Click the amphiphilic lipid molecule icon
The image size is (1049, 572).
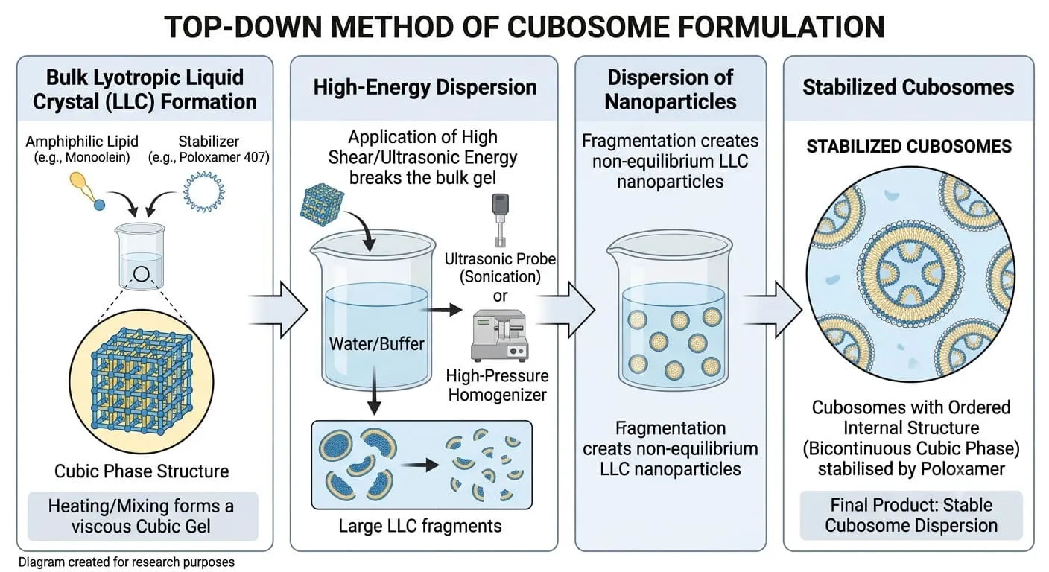[x=87, y=191]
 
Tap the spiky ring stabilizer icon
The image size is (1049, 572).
[x=203, y=191]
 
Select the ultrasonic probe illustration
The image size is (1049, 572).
[x=500, y=220]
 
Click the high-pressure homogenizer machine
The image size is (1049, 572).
[x=500, y=335]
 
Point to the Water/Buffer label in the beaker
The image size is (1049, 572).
[x=376, y=344]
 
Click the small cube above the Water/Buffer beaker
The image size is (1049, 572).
[x=322, y=205]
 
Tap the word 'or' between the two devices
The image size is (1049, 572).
[x=500, y=296]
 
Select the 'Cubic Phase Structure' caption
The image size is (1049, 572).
[x=142, y=471]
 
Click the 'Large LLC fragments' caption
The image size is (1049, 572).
[x=420, y=526]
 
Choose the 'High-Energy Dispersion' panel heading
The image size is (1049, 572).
[x=425, y=88]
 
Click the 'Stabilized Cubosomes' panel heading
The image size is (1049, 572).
[x=908, y=88]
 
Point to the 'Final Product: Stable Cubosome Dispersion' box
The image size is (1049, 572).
[x=911, y=515]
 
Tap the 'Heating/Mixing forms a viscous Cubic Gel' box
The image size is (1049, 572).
[x=142, y=516]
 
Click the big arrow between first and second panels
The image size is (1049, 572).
[x=278, y=310]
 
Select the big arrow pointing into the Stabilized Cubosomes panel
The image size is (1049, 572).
[x=773, y=310]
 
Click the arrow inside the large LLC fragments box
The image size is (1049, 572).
[x=420, y=465]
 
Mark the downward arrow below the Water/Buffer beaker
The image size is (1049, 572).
[x=374, y=391]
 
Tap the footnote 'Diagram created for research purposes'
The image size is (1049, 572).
[x=127, y=562]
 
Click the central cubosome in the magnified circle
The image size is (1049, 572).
[x=910, y=274]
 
